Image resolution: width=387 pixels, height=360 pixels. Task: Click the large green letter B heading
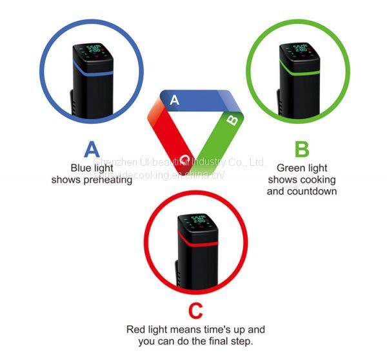[x=301, y=149]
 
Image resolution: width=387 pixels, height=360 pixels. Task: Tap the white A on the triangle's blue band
[x=174, y=100]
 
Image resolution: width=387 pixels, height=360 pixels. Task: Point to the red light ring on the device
[x=196, y=240]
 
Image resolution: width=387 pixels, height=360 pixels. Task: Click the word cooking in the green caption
[x=319, y=179]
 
